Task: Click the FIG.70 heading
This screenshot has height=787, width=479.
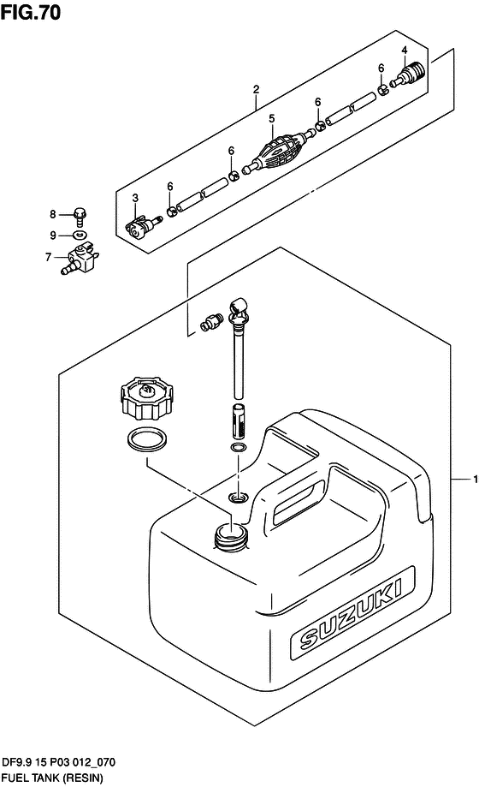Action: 30,12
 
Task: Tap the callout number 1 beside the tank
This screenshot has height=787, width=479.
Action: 475,480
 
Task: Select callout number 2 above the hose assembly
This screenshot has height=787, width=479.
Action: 257,89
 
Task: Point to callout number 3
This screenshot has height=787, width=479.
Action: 135,199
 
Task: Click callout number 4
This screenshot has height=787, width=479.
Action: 405,51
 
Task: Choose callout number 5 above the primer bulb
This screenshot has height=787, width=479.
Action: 271,118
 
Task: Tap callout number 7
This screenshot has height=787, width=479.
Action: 48,257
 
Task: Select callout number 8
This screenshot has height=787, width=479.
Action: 53,214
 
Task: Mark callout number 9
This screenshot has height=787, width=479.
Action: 53,236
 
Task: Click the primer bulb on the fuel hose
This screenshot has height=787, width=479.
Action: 279,149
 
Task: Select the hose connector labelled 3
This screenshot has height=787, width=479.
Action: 143,226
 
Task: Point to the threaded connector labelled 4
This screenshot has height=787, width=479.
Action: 408,75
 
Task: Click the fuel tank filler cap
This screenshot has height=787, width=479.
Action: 146,398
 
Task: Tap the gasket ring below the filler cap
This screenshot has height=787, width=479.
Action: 147,440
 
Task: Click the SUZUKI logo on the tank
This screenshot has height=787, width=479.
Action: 352,614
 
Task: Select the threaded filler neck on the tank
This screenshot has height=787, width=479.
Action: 231,535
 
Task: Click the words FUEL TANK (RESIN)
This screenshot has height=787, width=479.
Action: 52,778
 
